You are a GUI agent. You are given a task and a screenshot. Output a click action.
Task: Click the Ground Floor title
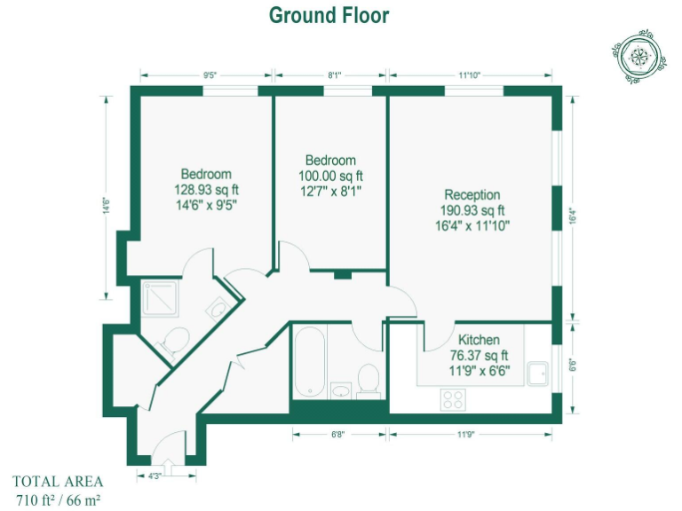pos(329,15)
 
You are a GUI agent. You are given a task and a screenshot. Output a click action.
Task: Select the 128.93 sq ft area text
pos(206,189)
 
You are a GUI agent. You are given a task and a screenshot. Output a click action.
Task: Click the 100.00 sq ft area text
pos(330,176)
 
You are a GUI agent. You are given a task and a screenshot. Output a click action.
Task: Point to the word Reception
pos(472,195)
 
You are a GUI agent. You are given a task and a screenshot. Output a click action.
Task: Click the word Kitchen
pos(478,340)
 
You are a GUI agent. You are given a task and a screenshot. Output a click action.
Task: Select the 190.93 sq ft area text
pos(472,210)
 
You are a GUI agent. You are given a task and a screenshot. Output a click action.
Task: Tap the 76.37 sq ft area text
pos(478,356)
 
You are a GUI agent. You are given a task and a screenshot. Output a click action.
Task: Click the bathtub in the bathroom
pos(309,362)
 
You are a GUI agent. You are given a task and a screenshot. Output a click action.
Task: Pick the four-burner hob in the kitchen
pos(454,399)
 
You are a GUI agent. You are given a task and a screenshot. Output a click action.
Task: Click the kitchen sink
pos(539,374)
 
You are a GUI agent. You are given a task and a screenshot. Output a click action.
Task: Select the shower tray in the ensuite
pos(161,299)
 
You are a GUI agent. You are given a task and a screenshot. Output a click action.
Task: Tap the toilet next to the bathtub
pos(369,380)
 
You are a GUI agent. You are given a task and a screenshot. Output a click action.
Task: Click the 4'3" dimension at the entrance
pos(155,477)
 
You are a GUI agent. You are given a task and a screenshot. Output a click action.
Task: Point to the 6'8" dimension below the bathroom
pos(338,435)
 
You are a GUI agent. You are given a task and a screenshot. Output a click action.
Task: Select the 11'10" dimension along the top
pos(470,75)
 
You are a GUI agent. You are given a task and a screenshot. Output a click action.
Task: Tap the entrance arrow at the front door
pos(169,472)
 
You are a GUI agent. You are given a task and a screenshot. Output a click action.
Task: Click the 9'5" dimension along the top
pos(210,75)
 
